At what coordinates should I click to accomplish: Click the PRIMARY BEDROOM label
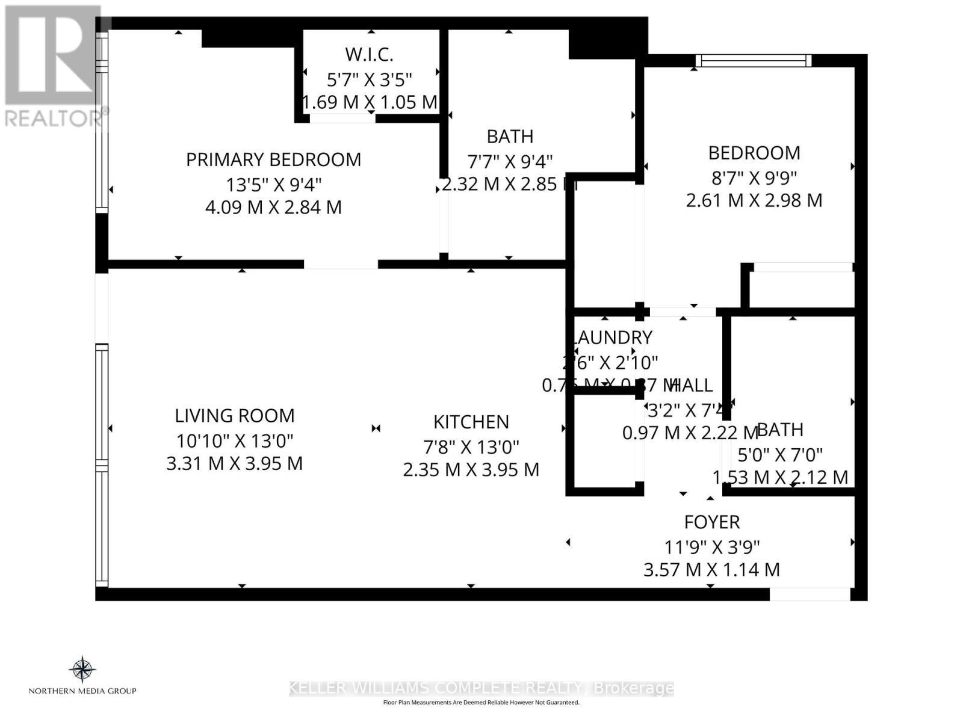click(x=273, y=159)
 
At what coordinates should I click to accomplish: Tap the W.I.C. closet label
click(x=369, y=54)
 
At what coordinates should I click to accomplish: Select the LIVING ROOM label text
click(x=235, y=416)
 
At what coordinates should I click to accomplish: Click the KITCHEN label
click(x=471, y=422)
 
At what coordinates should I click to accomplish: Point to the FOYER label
click(x=712, y=522)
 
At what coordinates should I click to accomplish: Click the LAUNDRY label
click(x=613, y=338)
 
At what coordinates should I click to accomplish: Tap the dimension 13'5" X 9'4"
click(x=273, y=184)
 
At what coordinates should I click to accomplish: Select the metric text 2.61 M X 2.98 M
click(x=754, y=200)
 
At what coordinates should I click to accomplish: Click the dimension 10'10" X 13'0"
click(x=235, y=440)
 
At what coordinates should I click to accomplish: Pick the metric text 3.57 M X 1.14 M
click(x=712, y=569)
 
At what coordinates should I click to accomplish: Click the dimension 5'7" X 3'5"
click(x=369, y=79)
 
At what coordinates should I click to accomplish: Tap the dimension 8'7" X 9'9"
click(x=754, y=177)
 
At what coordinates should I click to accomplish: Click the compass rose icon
click(x=82, y=669)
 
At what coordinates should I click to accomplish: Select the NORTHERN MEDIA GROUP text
click(x=82, y=691)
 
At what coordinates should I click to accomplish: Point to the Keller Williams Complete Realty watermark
click(x=482, y=688)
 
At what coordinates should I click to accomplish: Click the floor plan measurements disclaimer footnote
click(x=482, y=702)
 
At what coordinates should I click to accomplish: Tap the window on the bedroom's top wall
click(x=754, y=60)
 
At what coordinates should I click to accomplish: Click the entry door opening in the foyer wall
click(x=810, y=594)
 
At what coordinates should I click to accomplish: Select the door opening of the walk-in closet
click(x=342, y=119)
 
